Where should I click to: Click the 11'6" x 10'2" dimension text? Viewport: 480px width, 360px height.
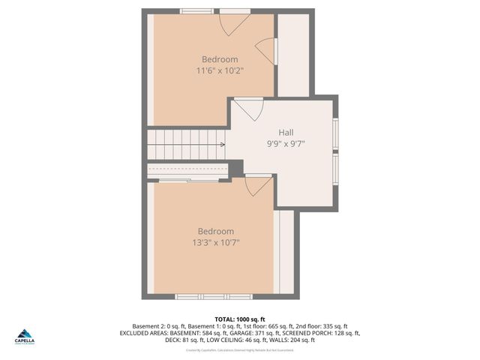pyautogui.click(x=220, y=70)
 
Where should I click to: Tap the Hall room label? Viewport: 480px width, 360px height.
pyautogui.click(x=286, y=131)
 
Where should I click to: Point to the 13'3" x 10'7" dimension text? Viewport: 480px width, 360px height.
pyautogui.click(x=215, y=242)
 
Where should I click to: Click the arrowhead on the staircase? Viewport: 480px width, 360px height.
pyautogui.click(x=222, y=144)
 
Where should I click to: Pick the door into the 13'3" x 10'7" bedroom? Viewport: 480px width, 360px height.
pyautogui.click(x=259, y=184)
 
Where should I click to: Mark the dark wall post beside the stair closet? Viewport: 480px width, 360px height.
pyautogui.click(x=235, y=169)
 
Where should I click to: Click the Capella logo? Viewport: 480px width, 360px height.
pyautogui.click(x=25, y=336)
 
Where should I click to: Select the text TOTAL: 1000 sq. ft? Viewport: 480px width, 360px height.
pyautogui.click(x=240, y=319)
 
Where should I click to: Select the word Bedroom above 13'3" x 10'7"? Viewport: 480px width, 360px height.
pyautogui.click(x=215, y=231)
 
